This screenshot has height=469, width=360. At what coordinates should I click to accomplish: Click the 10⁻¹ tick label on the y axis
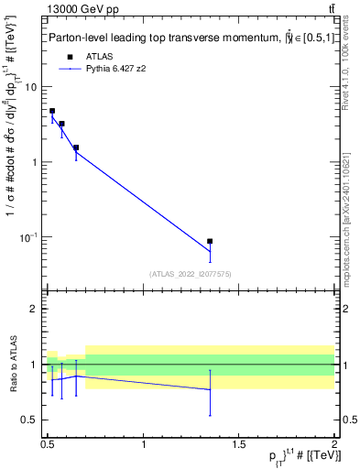(27, 237)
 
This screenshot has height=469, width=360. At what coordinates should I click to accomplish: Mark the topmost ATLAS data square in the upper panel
(52, 111)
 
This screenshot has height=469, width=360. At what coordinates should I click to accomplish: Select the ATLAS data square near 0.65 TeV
(76, 147)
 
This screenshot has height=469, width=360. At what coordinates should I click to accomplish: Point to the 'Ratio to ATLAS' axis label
(13, 364)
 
